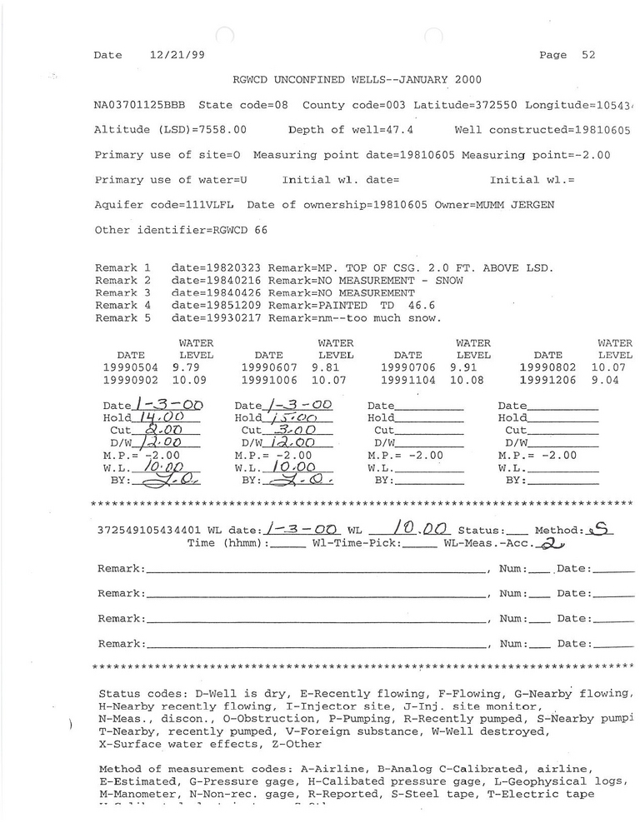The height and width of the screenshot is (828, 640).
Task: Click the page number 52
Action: click(588, 55)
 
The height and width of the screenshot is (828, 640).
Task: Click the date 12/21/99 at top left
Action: click(178, 55)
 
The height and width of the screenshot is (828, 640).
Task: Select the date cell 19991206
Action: click(547, 380)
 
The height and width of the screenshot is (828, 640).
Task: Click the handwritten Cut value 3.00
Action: click(296, 430)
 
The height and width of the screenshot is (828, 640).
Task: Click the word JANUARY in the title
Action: click(400, 80)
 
